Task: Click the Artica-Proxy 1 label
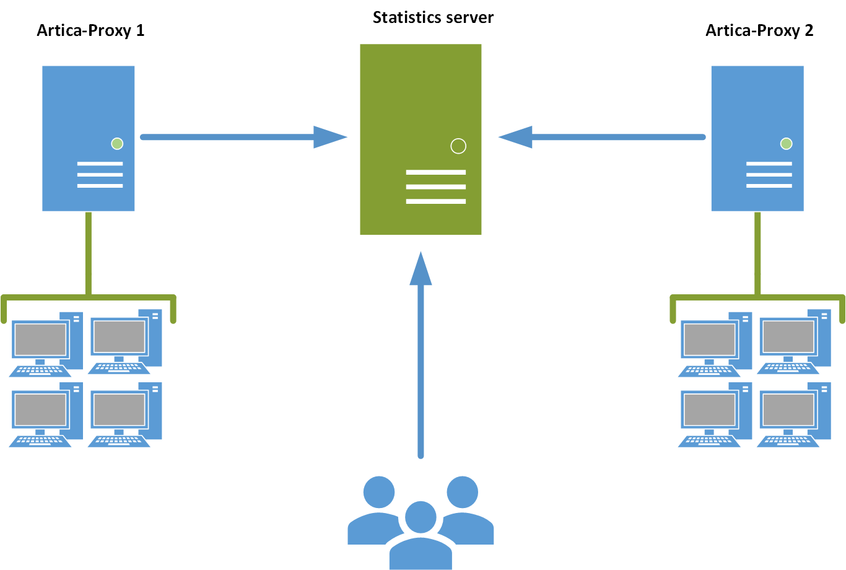click(x=90, y=30)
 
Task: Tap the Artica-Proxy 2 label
click(x=759, y=30)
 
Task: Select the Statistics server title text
click(x=433, y=17)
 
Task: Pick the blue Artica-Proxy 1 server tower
click(x=88, y=112)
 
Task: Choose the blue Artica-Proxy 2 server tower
click(x=757, y=112)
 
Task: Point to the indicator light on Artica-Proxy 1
click(x=117, y=144)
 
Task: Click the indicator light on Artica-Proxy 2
click(x=787, y=144)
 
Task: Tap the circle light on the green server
click(x=458, y=146)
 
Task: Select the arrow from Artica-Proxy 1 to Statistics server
click(x=242, y=137)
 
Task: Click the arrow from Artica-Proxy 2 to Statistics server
click(x=604, y=137)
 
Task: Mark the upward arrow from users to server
click(x=421, y=359)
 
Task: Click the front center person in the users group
click(x=421, y=536)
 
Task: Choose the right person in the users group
click(x=466, y=511)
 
